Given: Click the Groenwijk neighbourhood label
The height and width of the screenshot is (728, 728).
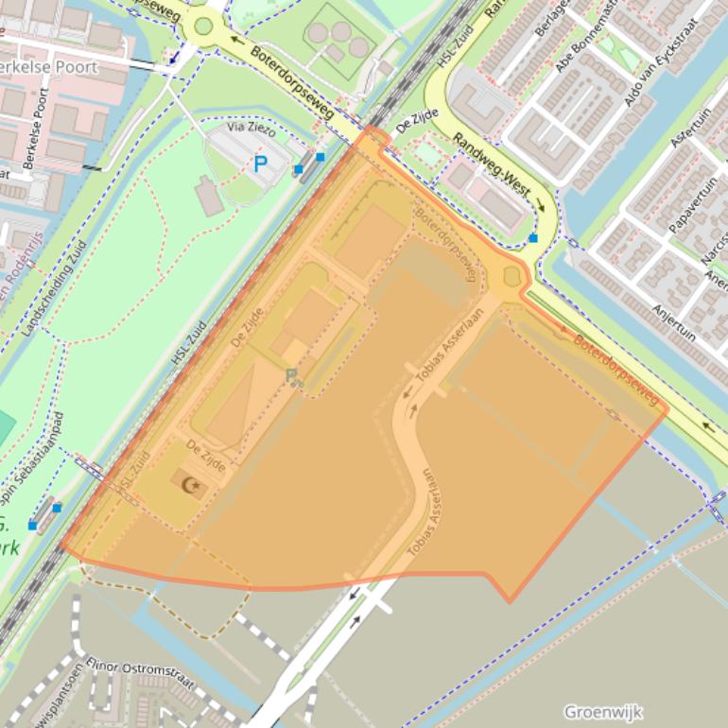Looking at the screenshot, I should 602,711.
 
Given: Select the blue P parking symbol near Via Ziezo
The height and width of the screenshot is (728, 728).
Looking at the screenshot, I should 260,164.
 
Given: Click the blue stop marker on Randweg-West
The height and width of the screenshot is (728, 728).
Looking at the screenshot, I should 533,238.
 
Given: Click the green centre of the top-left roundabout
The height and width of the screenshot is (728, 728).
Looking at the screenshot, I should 203,26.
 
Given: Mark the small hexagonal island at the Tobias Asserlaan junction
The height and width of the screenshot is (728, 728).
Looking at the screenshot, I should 513,277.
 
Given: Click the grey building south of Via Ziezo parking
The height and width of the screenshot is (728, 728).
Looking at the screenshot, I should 209,196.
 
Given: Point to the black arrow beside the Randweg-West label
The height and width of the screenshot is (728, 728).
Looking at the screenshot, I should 541,204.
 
